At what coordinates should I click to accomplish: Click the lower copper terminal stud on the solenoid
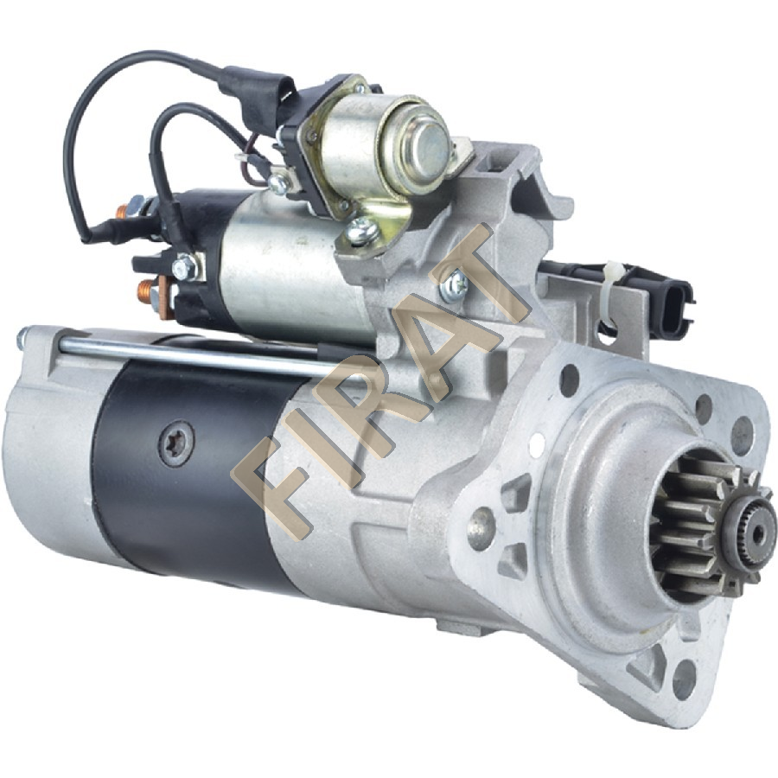pyautogui.click(x=149, y=292)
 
